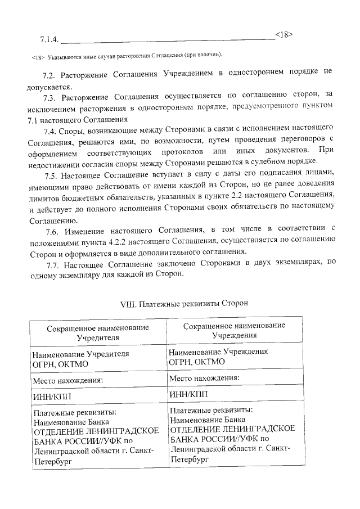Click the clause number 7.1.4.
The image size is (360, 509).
(49, 40)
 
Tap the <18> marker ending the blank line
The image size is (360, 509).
(284, 34)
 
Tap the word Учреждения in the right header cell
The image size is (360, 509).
(235, 335)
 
